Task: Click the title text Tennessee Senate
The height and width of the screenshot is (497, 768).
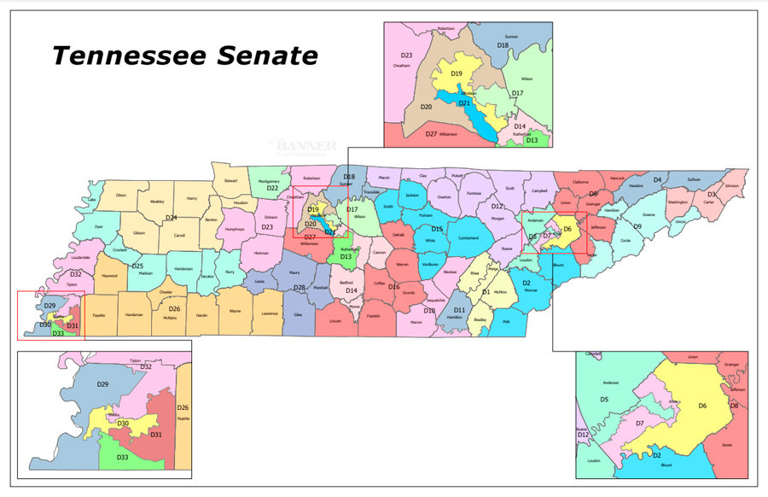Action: (184, 56)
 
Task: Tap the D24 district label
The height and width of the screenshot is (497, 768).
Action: (172, 218)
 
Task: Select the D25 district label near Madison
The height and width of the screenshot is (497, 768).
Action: (137, 266)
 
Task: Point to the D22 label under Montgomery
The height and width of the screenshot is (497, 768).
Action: (272, 188)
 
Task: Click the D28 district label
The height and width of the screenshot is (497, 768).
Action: (300, 288)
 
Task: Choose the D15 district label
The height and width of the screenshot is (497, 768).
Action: (436, 229)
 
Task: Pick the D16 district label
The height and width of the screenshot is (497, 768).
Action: (394, 287)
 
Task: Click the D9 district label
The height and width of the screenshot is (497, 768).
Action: (637, 226)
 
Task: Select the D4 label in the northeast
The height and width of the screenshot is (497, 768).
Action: (657, 179)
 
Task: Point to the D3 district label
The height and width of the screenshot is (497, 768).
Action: (711, 194)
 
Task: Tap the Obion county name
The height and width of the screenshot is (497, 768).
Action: (120, 196)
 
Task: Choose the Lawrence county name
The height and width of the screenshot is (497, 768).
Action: (269, 313)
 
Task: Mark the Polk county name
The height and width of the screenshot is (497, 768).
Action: (506, 322)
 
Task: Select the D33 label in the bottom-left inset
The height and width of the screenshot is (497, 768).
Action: (122, 458)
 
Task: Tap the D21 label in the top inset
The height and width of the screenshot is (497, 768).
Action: (465, 102)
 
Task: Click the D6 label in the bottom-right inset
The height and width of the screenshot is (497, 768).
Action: (702, 405)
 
